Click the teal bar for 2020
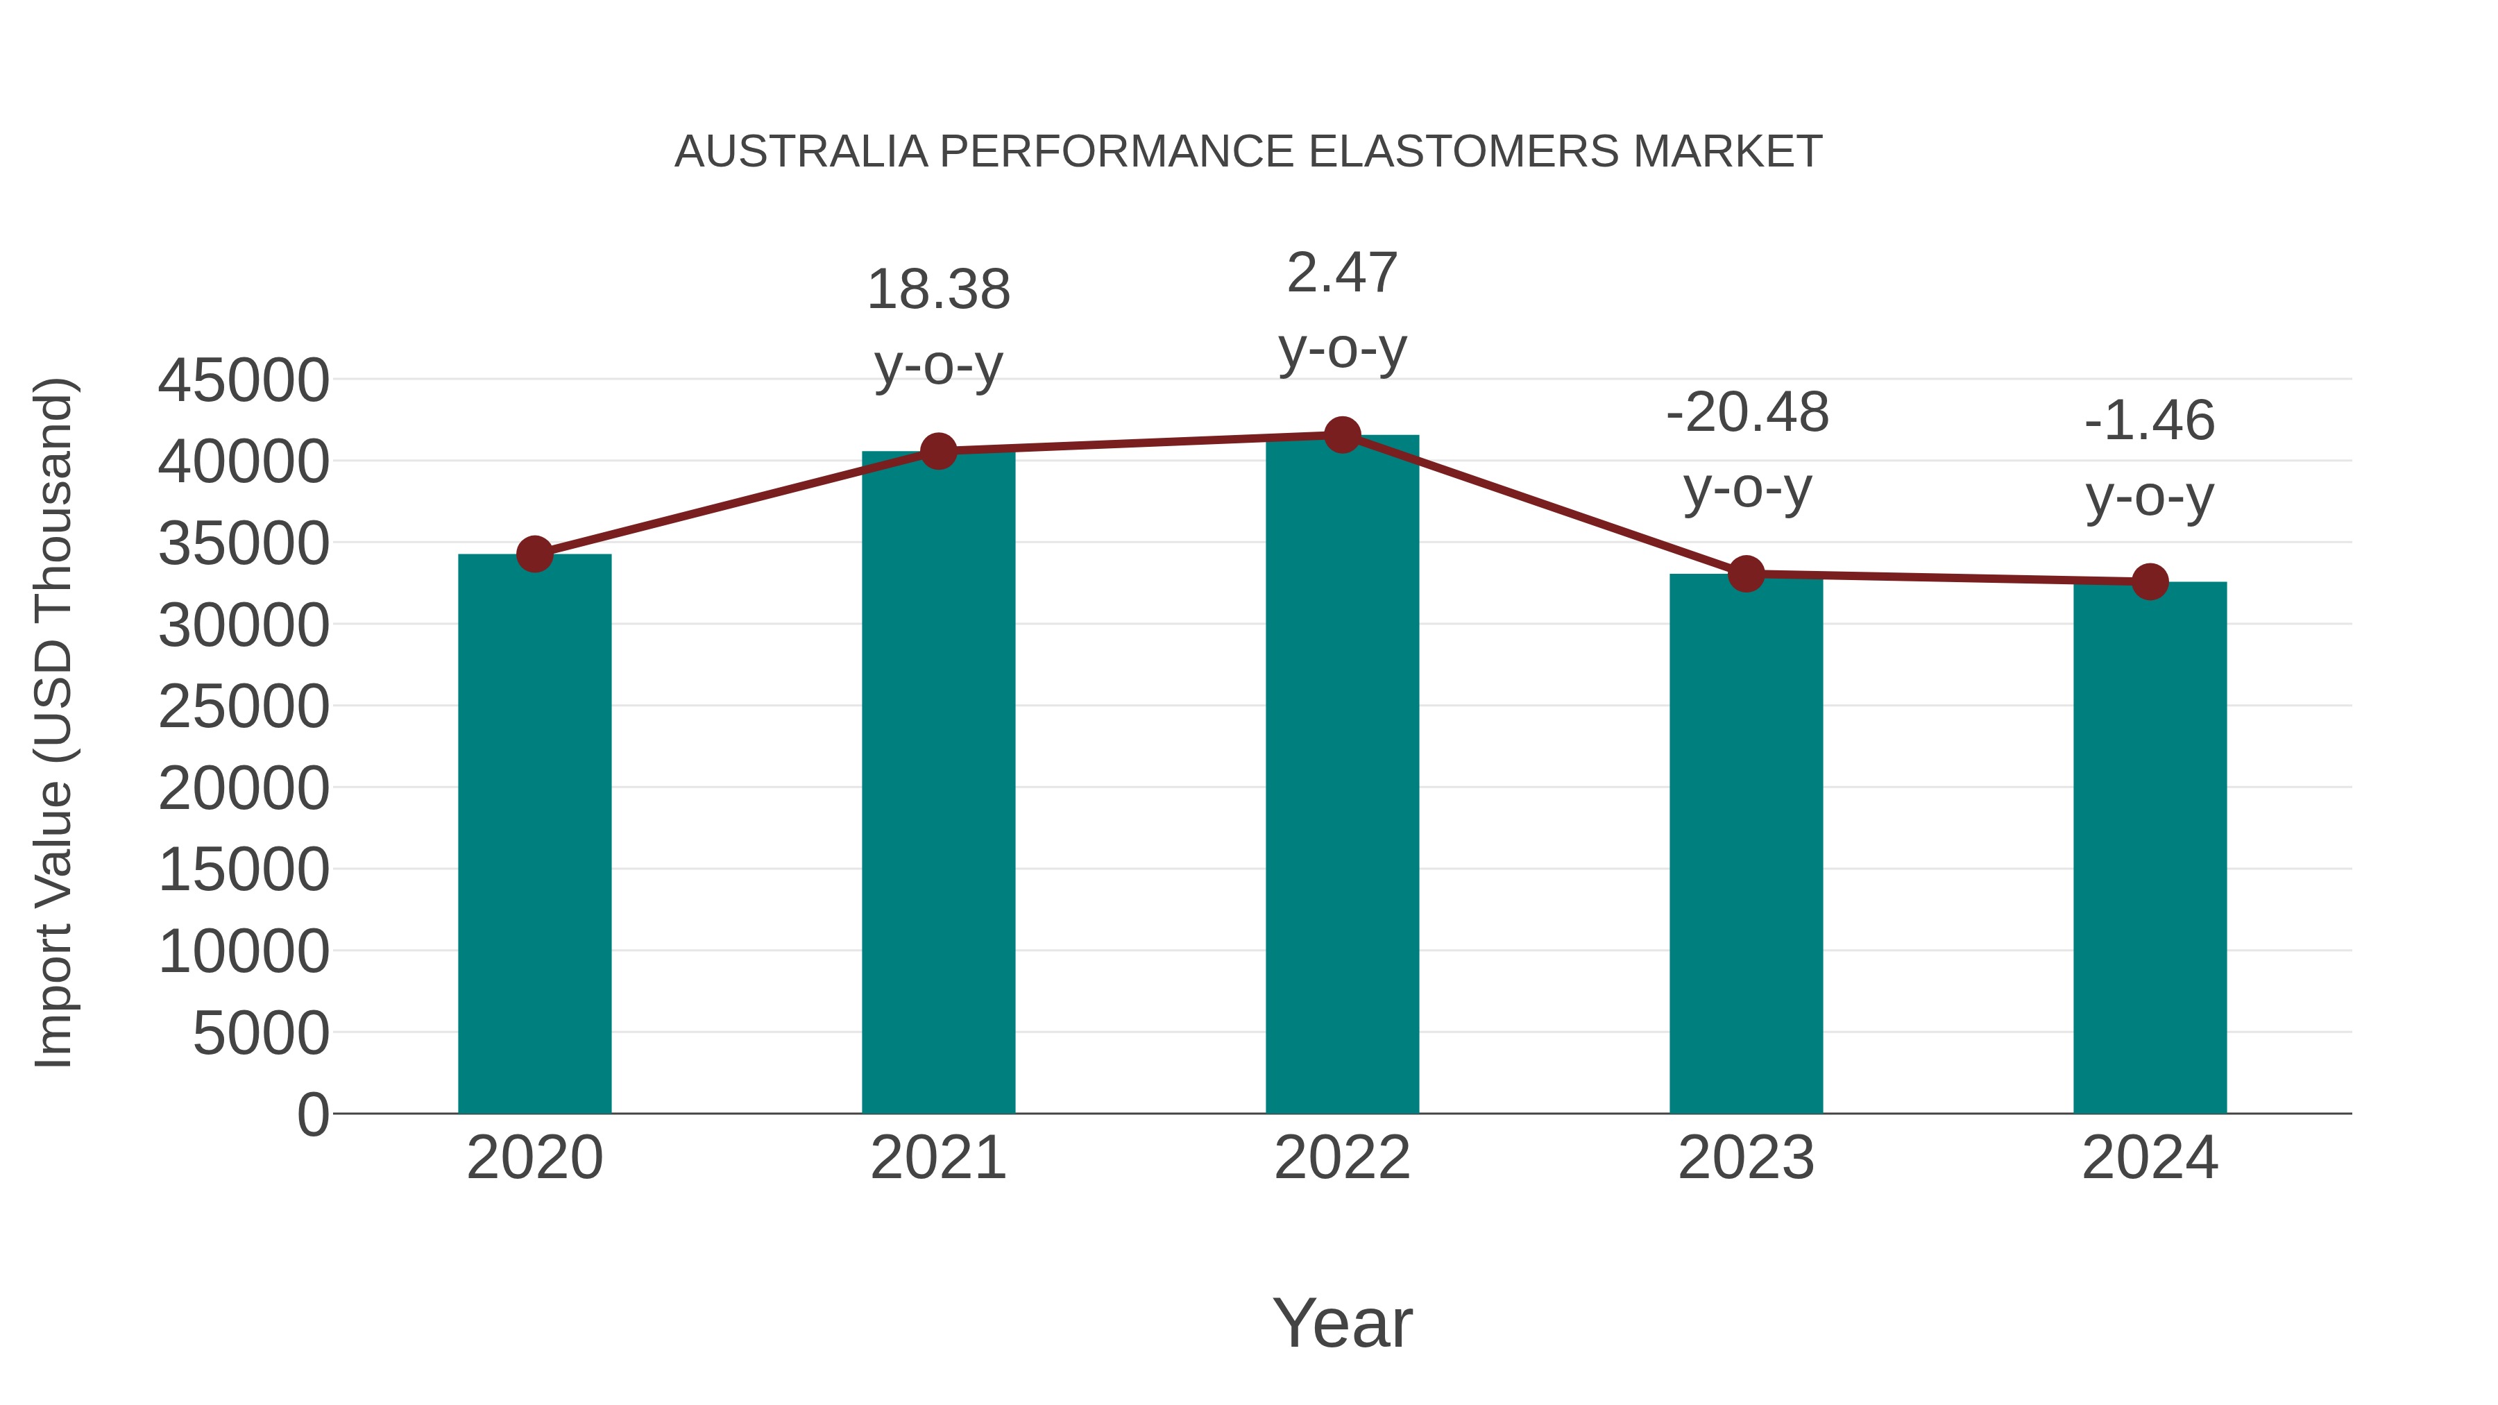[x=534, y=834]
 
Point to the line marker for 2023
[x=1747, y=574]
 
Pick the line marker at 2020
[x=534, y=554]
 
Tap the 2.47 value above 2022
[x=1342, y=273]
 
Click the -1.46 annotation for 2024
[x=2150, y=421]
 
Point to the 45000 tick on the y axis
[x=244, y=380]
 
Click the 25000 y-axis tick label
[x=244, y=707]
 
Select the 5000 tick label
[x=261, y=1034]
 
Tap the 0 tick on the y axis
[x=313, y=1115]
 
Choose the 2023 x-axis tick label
[x=1747, y=1158]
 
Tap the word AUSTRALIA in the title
[x=801, y=152]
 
